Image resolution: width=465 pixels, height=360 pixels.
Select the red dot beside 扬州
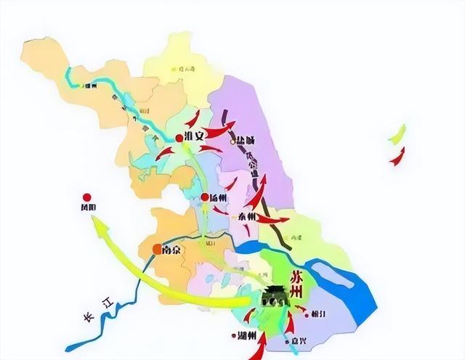click(x=205, y=197)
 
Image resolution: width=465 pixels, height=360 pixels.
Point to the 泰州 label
click(x=247, y=216)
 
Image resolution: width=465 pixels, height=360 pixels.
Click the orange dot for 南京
click(x=156, y=249)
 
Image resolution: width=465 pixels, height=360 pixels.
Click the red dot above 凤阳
click(x=86, y=197)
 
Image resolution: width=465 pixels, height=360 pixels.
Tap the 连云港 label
click(x=187, y=69)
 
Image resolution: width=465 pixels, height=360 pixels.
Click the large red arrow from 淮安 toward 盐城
click(x=218, y=131)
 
